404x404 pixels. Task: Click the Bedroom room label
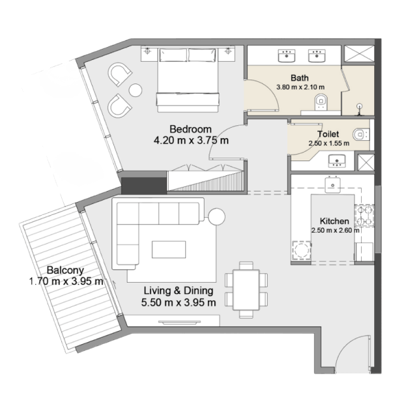[x=190, y=129]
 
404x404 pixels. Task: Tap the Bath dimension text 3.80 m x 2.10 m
[x=300, y=87]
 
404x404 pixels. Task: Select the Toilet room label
[x=328, y=134]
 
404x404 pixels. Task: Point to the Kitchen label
[x=334, y=221]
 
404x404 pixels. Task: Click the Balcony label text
[x=65, y=270]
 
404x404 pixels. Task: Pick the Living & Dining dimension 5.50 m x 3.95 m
[x=179, y=302]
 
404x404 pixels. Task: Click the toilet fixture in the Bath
[x=321, y=102]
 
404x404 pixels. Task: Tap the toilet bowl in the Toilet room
[x=361, y=134]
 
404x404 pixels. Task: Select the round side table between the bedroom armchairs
[x=136, y=90]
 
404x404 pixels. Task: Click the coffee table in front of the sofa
[x=169, y=250]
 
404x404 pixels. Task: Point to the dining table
[x=246, y=290]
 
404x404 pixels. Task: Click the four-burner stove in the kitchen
[x=365, y=216]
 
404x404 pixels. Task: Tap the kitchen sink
[x=332, y=185]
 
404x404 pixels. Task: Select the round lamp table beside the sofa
[x=216, y=217]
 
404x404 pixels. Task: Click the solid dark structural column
[x=144, y=186]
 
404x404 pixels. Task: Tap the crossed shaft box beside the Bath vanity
[x=359, y=53]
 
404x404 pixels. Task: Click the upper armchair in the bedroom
[x=119, y=74]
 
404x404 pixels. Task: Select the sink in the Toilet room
[x=337, y=161]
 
